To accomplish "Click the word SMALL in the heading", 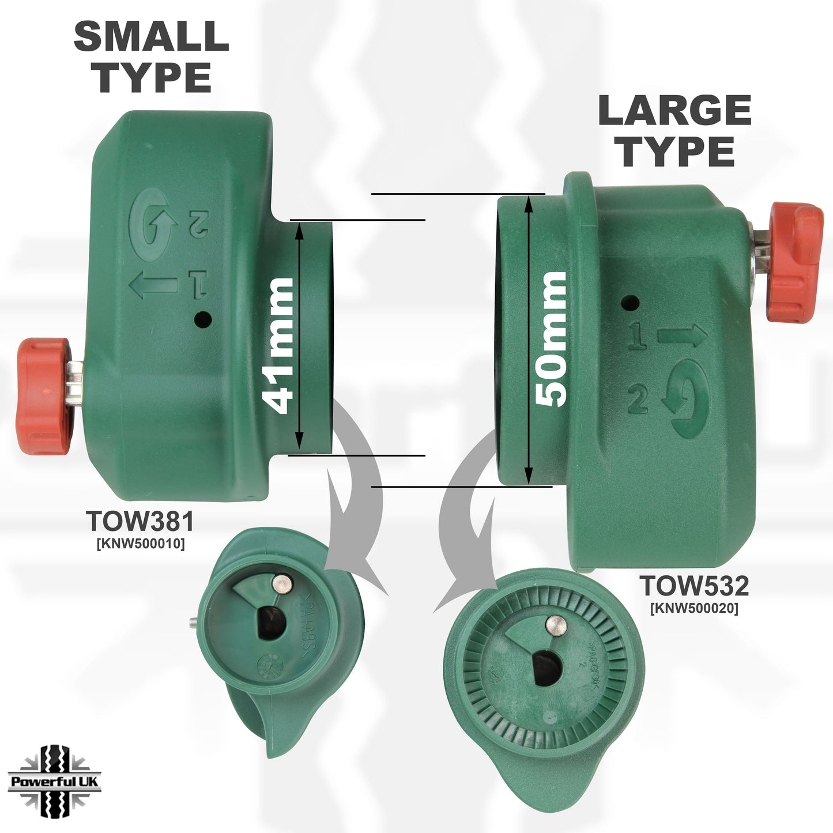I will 151,36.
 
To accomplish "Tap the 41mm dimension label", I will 278,345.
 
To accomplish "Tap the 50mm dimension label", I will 551,340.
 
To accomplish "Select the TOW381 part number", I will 140,522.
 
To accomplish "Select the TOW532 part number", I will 694,586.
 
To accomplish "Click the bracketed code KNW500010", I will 141,544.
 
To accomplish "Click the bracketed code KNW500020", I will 694,608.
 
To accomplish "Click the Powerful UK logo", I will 55,782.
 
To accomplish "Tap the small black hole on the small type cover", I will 202,319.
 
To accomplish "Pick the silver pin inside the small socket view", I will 281,583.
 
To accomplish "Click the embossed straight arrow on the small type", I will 153,285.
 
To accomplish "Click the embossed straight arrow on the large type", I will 682,335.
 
